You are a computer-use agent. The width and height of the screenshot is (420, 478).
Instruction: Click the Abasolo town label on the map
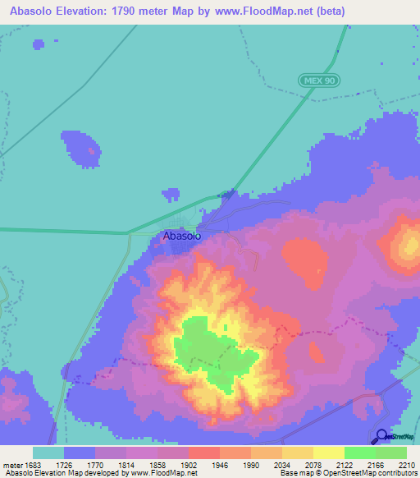click(182, 236)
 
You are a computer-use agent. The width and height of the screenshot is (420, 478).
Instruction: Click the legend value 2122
click(358, 465)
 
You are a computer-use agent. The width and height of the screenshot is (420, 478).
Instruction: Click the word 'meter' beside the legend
click(12, 465)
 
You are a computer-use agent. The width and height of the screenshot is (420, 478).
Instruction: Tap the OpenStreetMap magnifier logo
click(381, 437)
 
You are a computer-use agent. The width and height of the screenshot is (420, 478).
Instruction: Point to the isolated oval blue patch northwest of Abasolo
click(84, 149)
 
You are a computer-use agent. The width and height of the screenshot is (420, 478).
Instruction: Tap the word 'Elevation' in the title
click(81, 11)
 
